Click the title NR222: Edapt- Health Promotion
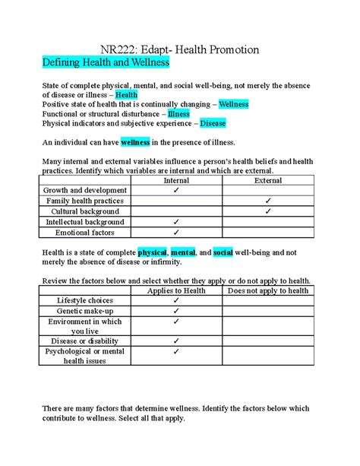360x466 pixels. pos(180,49)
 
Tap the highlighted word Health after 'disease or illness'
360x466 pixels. pos(126,94)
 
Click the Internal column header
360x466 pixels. pos(176,180)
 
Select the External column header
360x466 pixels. pos(268,180)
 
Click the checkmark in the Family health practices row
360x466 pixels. pos(268,201)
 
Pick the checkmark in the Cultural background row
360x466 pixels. pos(268,211)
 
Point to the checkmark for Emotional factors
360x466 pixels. pos(176,233)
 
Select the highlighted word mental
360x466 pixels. pos(183,252)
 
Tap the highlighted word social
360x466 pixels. pos(223,252)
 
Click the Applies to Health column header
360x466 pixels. pos(176,290)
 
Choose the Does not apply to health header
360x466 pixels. pos(268,290)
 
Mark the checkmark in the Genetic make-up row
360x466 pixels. pos(176,311)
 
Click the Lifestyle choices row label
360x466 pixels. pos(85,301)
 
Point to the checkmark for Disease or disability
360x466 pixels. pos(176,341)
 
